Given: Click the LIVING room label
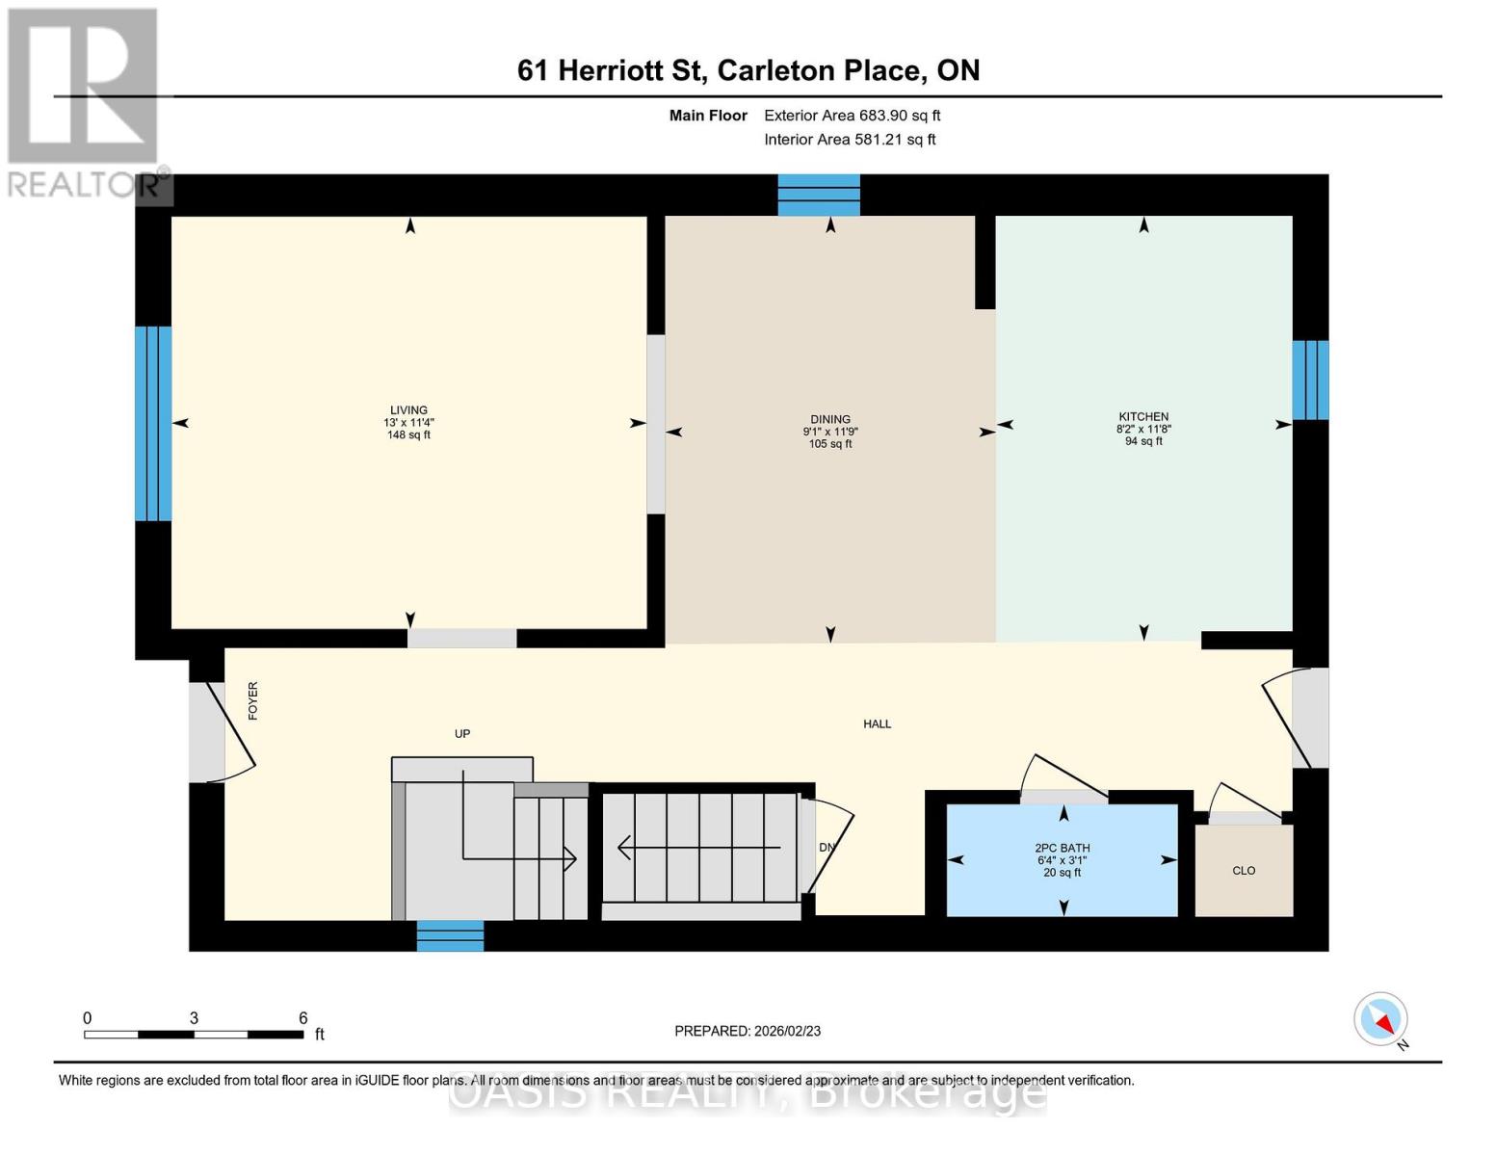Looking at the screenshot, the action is coord(408,409).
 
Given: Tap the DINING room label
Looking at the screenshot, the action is coord(829,419).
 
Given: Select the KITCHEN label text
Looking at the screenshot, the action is coord(1142,416).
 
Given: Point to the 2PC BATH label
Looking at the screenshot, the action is coord(1062,849).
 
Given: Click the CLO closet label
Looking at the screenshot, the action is coord(1244,870).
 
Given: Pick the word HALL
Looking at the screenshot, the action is coord(877,723).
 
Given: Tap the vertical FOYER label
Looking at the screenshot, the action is coord(252,701).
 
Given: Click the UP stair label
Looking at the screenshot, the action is coord(462,734).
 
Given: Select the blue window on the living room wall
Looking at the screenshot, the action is coord(153,424).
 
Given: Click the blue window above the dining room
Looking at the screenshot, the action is coord(819,195).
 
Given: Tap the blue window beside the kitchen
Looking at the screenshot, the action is coord(1310,381).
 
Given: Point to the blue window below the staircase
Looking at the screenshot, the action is coord(450,935).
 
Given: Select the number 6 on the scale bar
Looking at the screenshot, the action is coord(302,1017).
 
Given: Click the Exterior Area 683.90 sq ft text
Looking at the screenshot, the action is coord(852,116).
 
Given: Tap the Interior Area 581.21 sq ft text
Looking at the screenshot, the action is coord(850,140).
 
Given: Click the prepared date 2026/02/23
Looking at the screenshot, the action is coord(787,1031).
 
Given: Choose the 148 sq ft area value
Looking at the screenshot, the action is coord(408,434).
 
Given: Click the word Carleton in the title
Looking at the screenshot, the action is coord(777,70).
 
